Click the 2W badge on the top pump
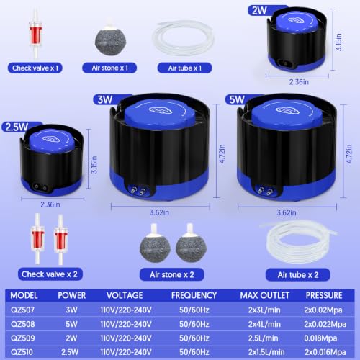(x=259, y=11)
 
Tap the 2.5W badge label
(x=17, y=127)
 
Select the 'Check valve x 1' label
(x=35, y=68)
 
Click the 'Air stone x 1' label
(x=109, y=68)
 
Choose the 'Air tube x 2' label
(x=298, y=274)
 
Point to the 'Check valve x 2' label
(x=50, y=274)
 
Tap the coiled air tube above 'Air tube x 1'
(x=184, y=38)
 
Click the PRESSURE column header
(x=324, y=295)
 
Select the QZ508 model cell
(x=23, y=324)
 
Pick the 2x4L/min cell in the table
(x=264, y=324)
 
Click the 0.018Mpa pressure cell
(x=320, y=338)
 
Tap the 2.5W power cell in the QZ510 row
(x=70, y=352)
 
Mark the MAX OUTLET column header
(x=265, y=295)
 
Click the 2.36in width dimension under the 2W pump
(x=299, y=82)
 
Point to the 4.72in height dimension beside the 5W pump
(x=349, y=154)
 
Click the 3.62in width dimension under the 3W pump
(x=159, y=212)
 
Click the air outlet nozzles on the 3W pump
(x=138, y=190)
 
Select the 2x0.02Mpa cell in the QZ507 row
(x=323, y=310)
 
